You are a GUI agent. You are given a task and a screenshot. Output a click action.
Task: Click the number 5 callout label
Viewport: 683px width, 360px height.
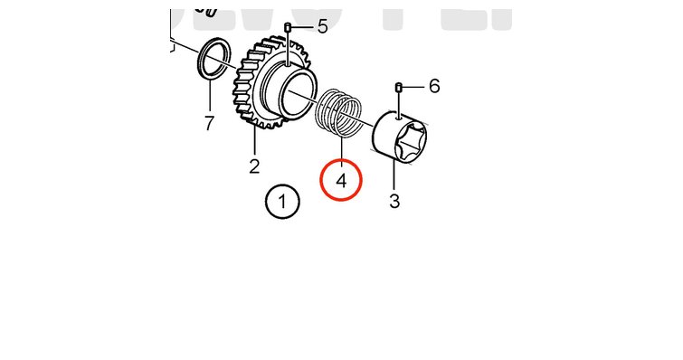pyautogui.click(x=322, y=26)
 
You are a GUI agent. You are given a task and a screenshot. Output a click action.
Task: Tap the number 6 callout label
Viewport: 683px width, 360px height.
pyautogui.click(x=434, y=86)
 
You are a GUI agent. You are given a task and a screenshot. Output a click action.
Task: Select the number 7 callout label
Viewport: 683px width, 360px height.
pyautogui.click(x=209, y=123)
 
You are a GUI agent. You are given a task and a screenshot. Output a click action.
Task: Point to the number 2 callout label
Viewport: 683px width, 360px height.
pyautogui.click(x=254, y=166)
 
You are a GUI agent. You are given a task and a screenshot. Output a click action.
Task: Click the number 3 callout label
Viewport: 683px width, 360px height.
pyautogui.click(x=394, y=201)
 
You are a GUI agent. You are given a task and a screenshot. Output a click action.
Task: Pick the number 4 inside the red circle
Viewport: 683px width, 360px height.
pyautogui.click(x=342, y=181)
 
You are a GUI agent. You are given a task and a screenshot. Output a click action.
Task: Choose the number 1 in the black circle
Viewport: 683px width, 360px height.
pyautogui.click(x=282, y=202)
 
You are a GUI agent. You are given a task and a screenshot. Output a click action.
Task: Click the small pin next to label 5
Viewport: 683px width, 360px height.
pyautogui.click(x=288, y=28)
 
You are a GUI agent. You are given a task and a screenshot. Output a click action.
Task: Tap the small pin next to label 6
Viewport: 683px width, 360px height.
pyautogui.click(x=398, y=87)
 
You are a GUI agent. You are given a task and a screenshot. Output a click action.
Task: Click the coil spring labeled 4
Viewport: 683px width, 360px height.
pyautogui.click(x=339, y=112)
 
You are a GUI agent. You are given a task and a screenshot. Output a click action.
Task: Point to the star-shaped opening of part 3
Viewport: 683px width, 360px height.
pyautogui.click(x=410, y=139)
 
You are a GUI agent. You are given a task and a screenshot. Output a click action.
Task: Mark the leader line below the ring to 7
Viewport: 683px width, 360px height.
pyautogui.click(x=210, y=95)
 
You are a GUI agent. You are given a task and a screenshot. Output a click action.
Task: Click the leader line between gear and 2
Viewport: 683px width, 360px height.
pyautogui.click(x=254, y=140)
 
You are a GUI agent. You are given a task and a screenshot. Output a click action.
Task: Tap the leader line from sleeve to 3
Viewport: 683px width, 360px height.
pyautogui.click(x=394, y=175)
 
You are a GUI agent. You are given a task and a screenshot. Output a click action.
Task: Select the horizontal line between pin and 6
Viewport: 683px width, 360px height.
pyautogui.click(x=413, y=87)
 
